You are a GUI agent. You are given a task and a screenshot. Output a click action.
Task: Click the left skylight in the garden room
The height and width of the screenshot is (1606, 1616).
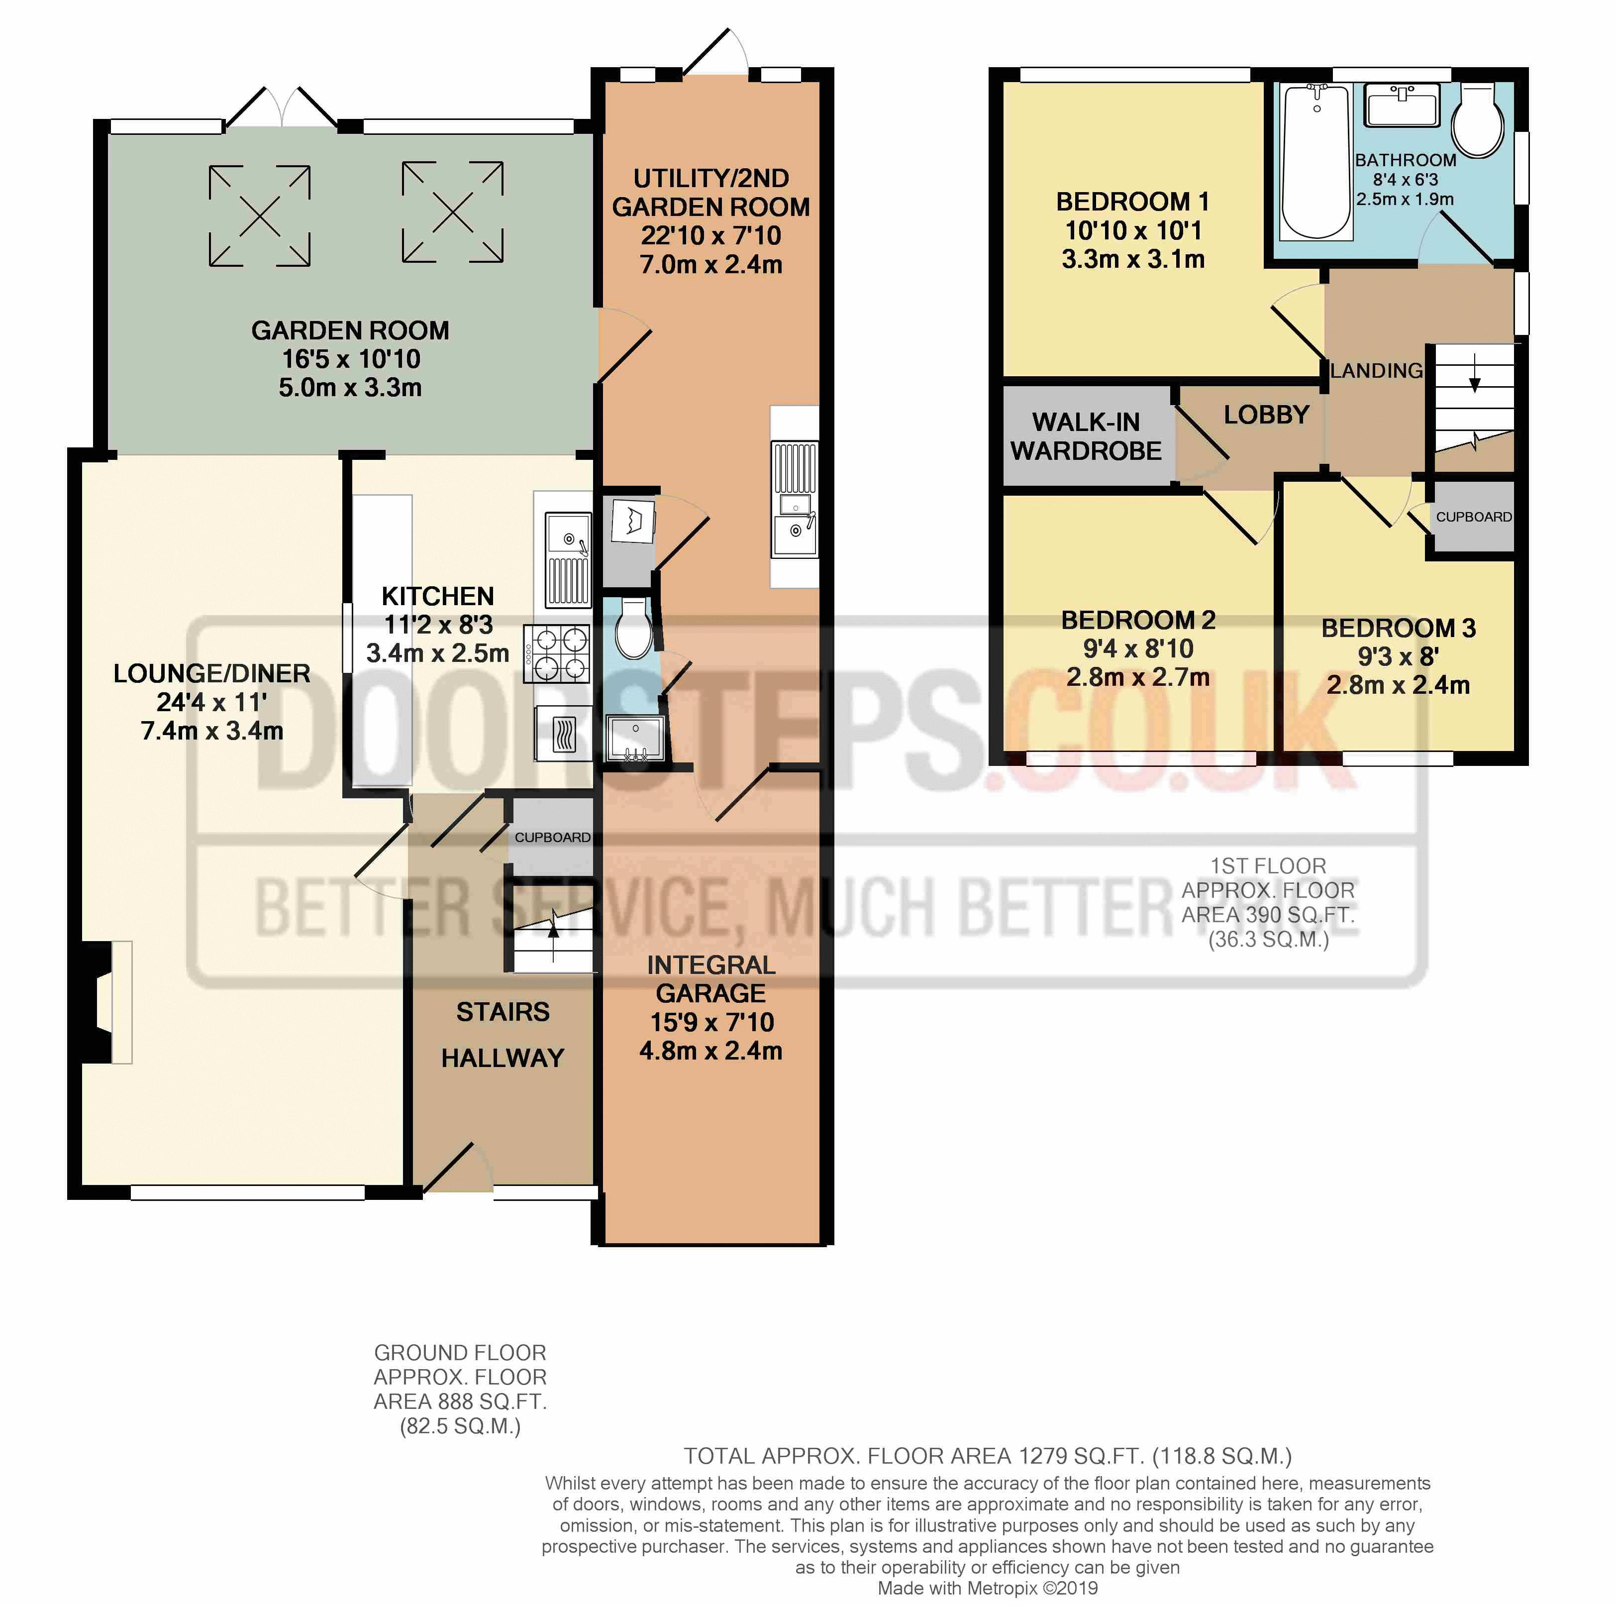[260, 216]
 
